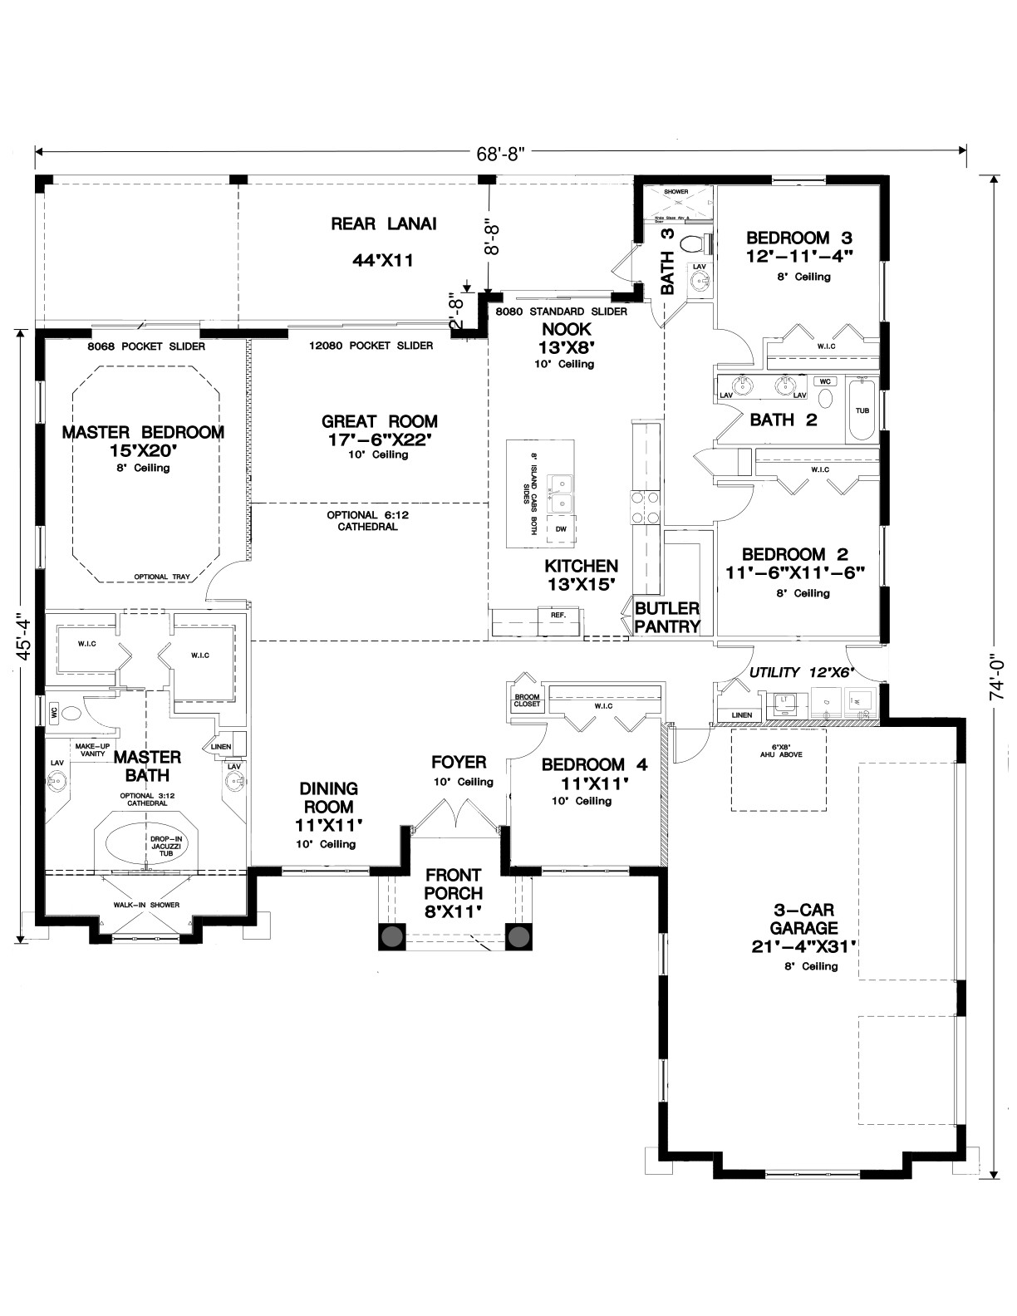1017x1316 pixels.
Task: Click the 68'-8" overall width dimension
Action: [501, 153]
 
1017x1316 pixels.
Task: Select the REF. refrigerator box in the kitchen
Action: [558, 615]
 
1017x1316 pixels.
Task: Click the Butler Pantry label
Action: [667, 616]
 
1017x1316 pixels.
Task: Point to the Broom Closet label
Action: [527, 700]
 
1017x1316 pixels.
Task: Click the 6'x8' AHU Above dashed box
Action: [779, 769]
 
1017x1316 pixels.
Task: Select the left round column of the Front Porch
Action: [392, 937]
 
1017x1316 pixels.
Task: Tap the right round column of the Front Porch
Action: [518, 937]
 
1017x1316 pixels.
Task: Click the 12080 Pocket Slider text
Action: [371, 346]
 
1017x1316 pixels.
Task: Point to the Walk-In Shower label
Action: [146, 905]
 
